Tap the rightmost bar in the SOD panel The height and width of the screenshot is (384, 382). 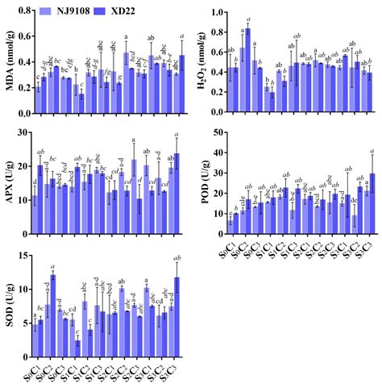click(176, 316)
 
